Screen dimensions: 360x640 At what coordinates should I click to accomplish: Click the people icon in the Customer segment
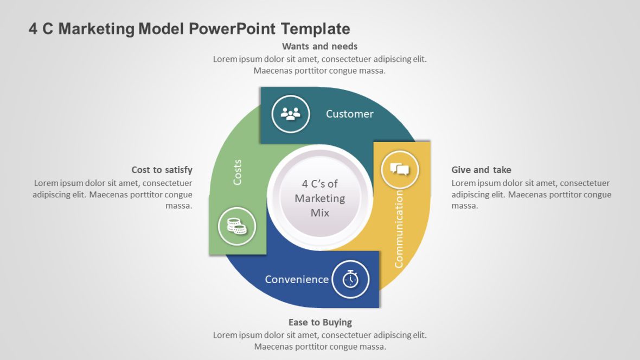(x=291, y=114)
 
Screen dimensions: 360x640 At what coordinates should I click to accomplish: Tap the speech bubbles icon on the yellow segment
(x=400, y=170)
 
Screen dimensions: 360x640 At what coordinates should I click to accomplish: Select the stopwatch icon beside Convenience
(x=350, y=280)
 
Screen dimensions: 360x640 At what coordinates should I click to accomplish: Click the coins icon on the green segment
(x=236, y=227)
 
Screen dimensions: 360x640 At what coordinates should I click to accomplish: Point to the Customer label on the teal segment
(x=349, y=114)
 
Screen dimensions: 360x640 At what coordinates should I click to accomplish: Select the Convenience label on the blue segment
(x=297, y=279)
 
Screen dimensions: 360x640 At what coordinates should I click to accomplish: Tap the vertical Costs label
(x=237, y=172)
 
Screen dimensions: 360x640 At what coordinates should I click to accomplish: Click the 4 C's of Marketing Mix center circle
(x=320, y=198)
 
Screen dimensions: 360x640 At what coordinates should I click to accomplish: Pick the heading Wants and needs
(x=319, y=46)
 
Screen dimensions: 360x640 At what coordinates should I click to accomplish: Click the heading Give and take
(x=481, y=170)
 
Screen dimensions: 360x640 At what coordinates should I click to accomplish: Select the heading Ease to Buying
(x=320, y=323)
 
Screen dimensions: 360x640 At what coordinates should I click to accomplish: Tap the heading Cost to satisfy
(x=162, y=170)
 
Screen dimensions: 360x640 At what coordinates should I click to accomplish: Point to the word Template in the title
(x=316, y=29)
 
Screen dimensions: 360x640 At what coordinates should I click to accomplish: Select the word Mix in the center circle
(x=320, y=213)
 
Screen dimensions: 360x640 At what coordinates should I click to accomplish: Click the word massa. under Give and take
(x=464, y=206)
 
